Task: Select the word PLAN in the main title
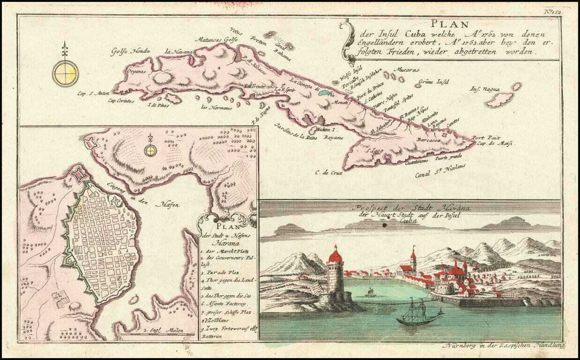coord(445,24)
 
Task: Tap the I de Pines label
coord(158,105)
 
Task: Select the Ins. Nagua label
coord(485,89)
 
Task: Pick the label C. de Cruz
coord(328,172)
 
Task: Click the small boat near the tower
coord(370,293)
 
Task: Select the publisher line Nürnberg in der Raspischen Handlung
coord(504,345)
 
